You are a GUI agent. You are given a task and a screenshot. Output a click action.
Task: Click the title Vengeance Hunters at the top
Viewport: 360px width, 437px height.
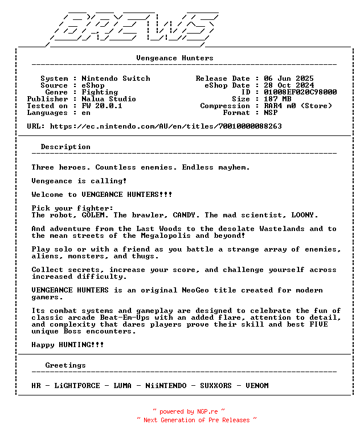[x=175, y=58]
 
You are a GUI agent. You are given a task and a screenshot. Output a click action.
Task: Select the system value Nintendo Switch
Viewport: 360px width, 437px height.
[x=116, y=79]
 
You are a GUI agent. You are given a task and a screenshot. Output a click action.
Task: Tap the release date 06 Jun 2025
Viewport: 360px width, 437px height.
[x=289, y=79]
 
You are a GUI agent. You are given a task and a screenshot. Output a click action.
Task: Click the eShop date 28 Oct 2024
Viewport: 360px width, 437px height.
[x=289, y=85]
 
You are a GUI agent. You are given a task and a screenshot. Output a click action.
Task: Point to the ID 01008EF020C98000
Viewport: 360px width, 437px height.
[x=300, y=92]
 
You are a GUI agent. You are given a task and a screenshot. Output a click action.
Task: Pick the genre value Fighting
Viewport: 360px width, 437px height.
[x=100, y=92]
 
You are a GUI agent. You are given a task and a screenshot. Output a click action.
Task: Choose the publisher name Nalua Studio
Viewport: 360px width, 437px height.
[x=109, y=99]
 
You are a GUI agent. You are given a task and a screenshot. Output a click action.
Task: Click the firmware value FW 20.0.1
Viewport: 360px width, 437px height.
[x=102, y=106]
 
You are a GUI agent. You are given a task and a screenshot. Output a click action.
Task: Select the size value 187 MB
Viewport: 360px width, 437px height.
[x=277, y=99]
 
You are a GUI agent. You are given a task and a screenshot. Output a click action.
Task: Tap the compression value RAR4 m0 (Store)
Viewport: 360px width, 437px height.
[x=298, y=106]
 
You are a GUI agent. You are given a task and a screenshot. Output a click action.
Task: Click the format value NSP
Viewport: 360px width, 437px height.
[x=271, y=113]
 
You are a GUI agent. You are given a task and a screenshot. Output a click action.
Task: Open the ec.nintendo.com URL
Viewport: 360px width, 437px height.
[x=166, y=126]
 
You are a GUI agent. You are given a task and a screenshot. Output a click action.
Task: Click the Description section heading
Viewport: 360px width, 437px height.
[x=66, y=147]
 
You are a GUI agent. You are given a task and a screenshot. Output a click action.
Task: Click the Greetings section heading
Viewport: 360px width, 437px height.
[x=66, y=365]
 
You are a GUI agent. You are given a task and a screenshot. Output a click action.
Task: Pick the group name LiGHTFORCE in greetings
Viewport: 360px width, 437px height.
[x=77, y=386]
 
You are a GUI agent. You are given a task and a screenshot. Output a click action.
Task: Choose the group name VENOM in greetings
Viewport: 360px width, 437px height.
[x=257, y=386]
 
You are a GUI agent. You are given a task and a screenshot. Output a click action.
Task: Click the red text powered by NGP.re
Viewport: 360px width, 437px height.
[x=189, y=411]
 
